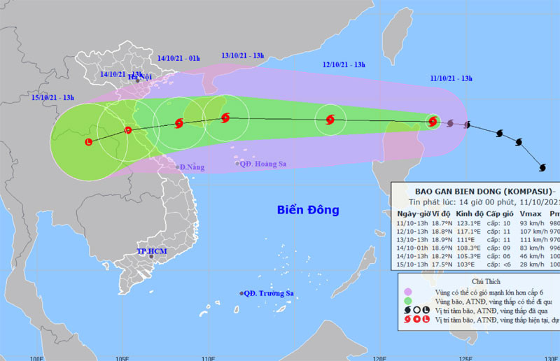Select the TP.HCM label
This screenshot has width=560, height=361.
149,250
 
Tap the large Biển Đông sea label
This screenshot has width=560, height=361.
307,210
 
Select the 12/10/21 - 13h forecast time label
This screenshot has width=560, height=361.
344,65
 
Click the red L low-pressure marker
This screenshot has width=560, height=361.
88,142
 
